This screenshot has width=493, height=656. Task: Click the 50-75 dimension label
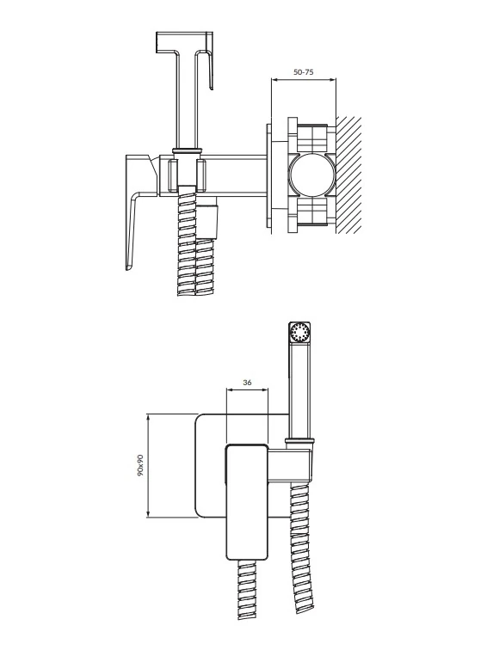coord(304,72)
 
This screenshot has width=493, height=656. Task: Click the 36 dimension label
coord(247,382)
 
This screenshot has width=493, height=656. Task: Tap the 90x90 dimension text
coord(140,465)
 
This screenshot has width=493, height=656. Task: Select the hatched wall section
coord(348,175)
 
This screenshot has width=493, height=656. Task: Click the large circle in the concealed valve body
coord(312,175)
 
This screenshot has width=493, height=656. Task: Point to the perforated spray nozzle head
coord(300,333)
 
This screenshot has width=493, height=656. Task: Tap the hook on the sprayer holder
coord(212,61)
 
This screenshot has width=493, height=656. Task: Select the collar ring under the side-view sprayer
coord(188,150)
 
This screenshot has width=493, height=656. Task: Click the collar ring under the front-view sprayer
coord(299,440)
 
